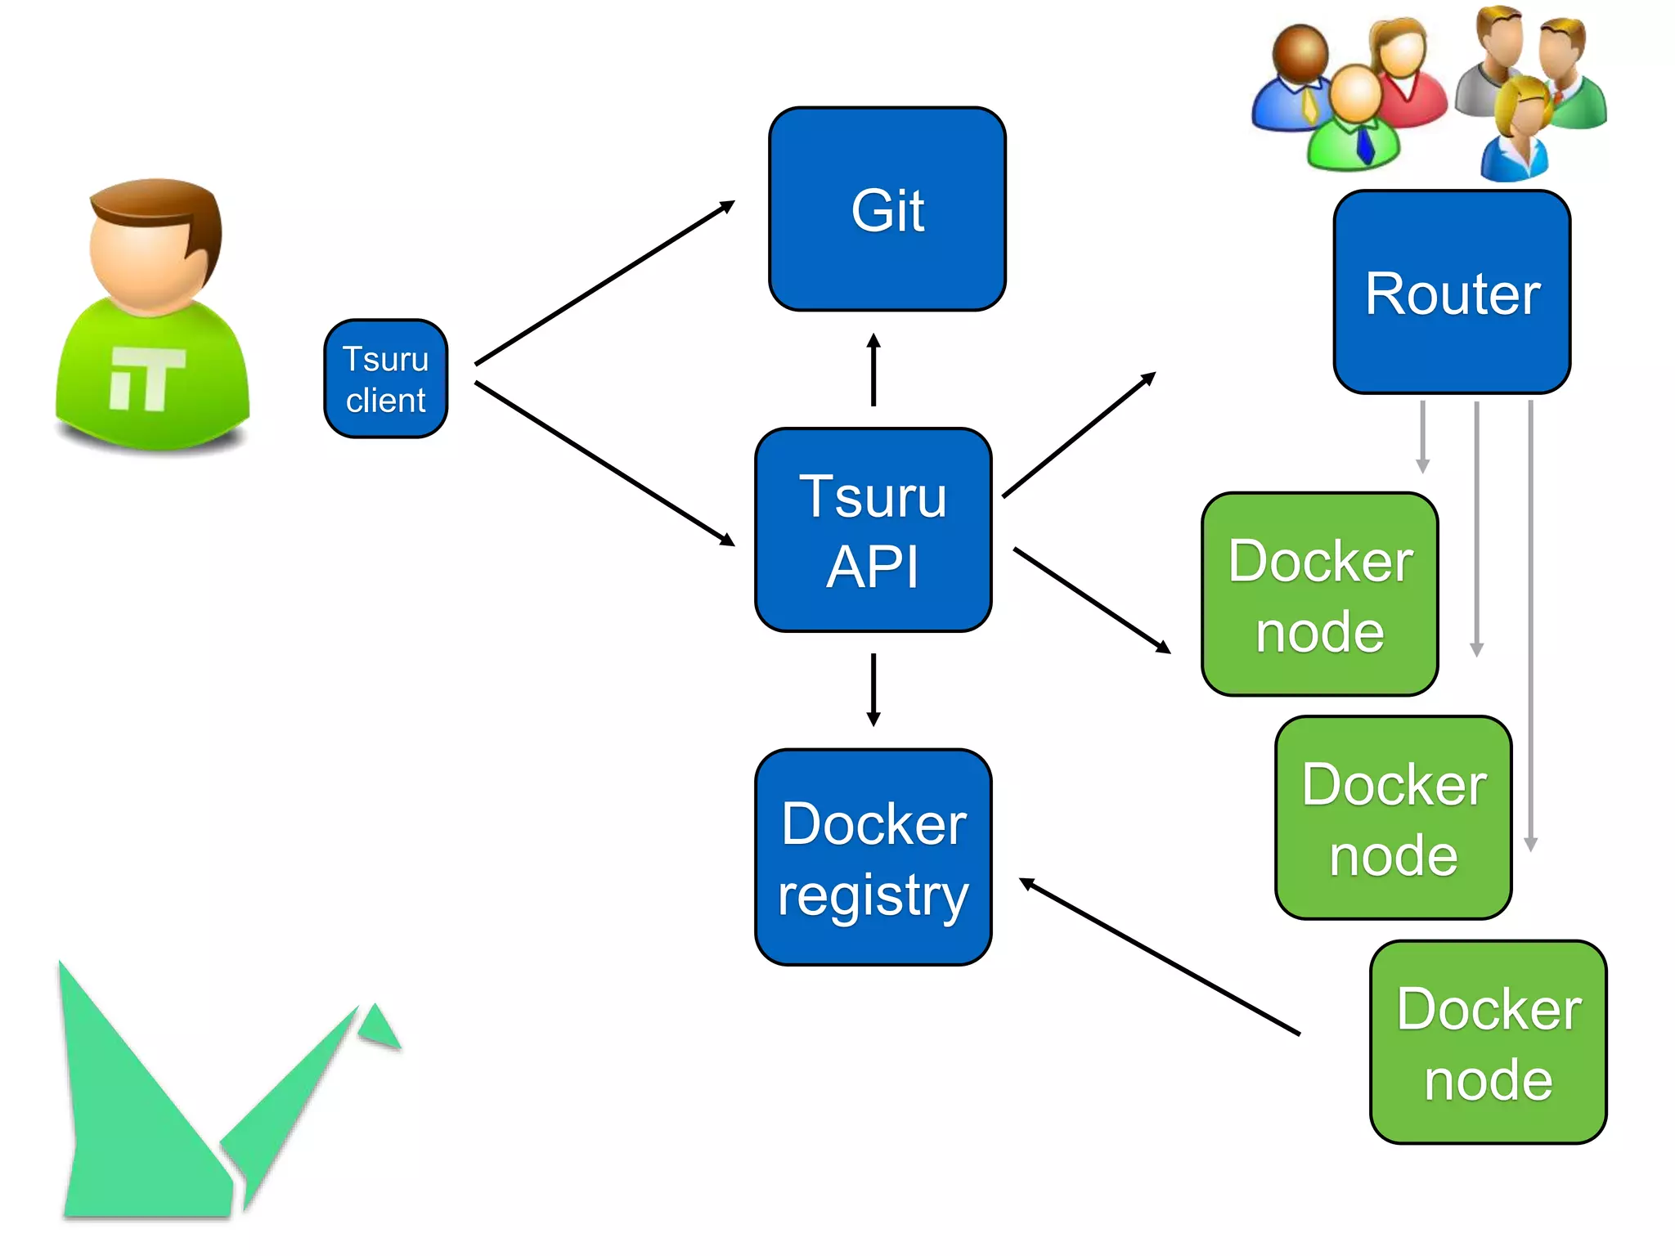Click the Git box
[x=887, y=209]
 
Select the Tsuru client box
[x=385, y=379]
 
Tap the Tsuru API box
[x=873, y=530]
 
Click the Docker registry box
[x=873, y=857]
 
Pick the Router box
[x=1452, y=292]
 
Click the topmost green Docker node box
[x=1319, y=594]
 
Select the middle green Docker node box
[x=1393, y=818]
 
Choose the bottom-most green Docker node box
[x=1488, y=1042]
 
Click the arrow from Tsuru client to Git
[x=604, y=283]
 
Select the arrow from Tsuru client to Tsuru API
[x=604, y=464]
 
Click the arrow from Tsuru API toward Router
[x=1078, y=435]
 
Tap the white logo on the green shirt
[x=147, y=378]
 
